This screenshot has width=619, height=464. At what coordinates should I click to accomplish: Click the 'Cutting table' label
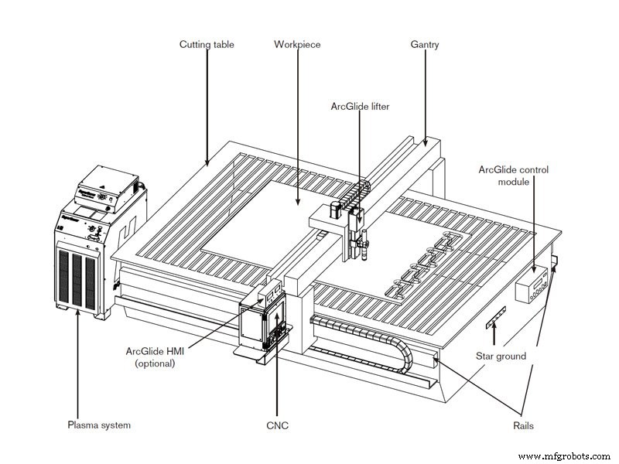click(x=207, y=45)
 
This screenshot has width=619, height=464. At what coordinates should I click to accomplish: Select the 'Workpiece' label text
click(x=297, y=45)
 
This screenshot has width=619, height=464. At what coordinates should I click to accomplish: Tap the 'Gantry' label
click(x=424, y=45)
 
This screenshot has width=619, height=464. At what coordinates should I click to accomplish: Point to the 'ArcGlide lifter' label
click(x=359, y=107)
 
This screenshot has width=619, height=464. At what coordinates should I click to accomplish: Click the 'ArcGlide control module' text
click(x=513, y=176)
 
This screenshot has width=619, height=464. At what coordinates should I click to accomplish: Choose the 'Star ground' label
click(x=501, y=357)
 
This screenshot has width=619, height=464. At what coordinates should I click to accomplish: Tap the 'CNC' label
click(x=277, y=425)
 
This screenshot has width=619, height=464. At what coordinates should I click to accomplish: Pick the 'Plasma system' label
click(x=97, y=425)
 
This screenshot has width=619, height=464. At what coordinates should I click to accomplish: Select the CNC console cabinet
click(x=261, y=325)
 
